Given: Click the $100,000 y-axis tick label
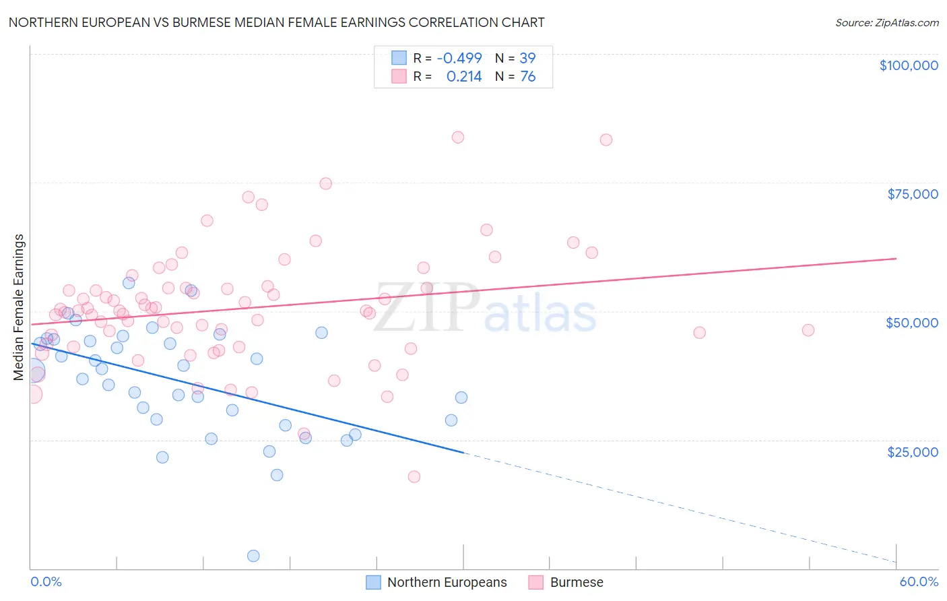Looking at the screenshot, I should tap(909, 65).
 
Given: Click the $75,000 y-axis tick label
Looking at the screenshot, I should tap(913, 194).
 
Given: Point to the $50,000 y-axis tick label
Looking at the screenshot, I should tap(912, 323).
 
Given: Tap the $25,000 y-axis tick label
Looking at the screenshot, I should tap(913, 451).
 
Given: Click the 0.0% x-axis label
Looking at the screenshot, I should tap(46, 581).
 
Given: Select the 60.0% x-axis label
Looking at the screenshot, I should tap(919, 581).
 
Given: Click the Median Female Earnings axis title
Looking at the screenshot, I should tap(19, 307).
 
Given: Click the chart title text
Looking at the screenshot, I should tap(277, 22).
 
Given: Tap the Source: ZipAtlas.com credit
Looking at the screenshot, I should tap(886, 22).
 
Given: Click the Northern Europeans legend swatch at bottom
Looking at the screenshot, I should tap(373, 582).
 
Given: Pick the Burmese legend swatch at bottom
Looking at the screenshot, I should tap(536, 582).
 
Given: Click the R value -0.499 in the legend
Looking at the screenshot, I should tap(459, 58).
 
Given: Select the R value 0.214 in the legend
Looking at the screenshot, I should tap(464, 77).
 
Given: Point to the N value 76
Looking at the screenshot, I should tap(528, 77).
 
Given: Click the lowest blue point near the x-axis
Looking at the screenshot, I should tap(253, 556).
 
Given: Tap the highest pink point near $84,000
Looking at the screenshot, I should tap(458, 137).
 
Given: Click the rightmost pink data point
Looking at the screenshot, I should tap(808, 330).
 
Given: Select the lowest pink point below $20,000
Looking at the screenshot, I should tap(414, 476).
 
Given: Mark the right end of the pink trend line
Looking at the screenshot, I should tap(896, 258).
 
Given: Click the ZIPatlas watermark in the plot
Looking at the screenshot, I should tap(485, 308).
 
